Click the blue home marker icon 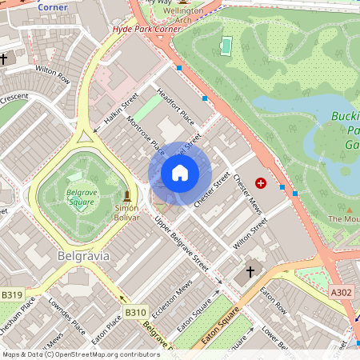coord(180,173)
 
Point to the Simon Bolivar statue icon coord(126,195)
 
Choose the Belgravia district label coord(83,256)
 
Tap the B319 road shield coord(11,295)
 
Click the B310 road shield coord(135,312)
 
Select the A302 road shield coord(342,294)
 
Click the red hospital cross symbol coord(260,183)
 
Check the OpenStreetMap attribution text coord(80,354)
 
